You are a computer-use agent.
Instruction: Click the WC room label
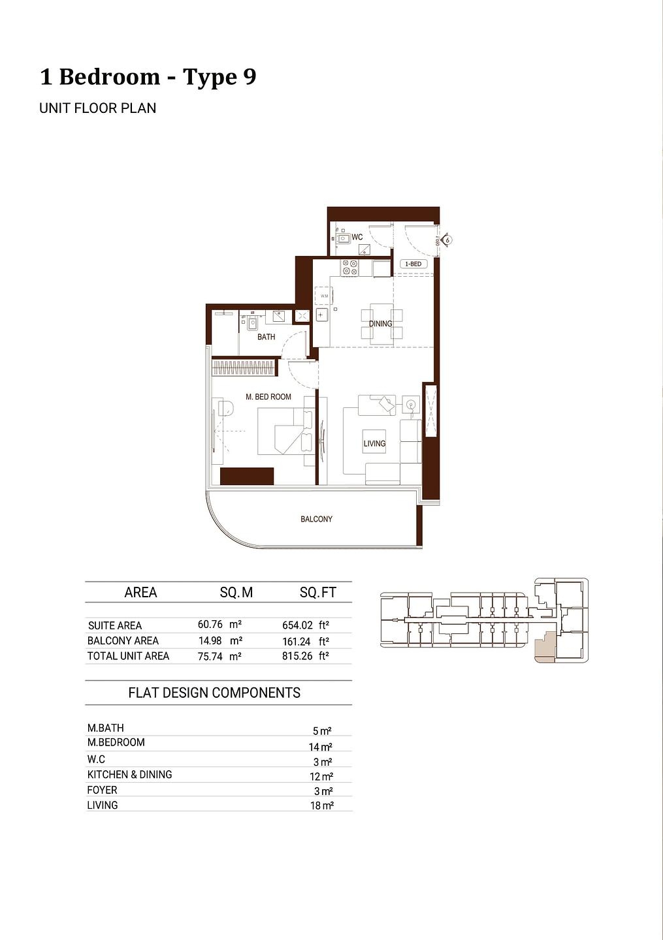(x=357, y=237)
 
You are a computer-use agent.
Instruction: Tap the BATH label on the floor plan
(x=266, y=337)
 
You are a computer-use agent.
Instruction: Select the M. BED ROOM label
(x=268, y=397)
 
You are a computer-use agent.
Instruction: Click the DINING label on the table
(x=381, y=324)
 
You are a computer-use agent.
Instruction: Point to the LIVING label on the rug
(x=374, y=443)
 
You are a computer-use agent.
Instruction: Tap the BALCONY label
(x=316, y=519)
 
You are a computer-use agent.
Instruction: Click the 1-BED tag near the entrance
(x=413, y=264)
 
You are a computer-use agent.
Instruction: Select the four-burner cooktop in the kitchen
(x=349, y=267)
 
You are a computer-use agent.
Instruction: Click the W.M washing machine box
(x=325, y=296)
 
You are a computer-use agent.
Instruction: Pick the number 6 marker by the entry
(x=447, y=240)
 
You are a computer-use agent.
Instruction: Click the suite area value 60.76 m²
(x=219, y=625)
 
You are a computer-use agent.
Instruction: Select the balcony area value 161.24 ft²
(x=305, y=641)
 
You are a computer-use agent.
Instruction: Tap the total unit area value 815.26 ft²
(x=305, y=656)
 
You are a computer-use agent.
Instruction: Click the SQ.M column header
(x=236, y=593)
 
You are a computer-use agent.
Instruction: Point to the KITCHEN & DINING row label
(x=129, y=774)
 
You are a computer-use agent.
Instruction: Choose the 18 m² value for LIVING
(x=321, y=806)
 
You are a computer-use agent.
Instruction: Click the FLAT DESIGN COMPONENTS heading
(x=214, y=693)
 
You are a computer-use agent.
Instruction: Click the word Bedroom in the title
(x=109, y=76)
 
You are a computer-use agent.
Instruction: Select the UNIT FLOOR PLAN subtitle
(x=97, y=108)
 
